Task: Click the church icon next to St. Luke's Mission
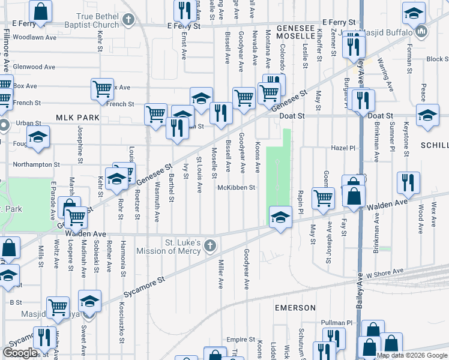coord(209,245)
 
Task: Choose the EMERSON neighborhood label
coord(295,308)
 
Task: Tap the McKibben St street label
coord(237,187)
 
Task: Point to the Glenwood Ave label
coord(34,67)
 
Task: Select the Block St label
coord(438,59)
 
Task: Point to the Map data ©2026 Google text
coord(412,355)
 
